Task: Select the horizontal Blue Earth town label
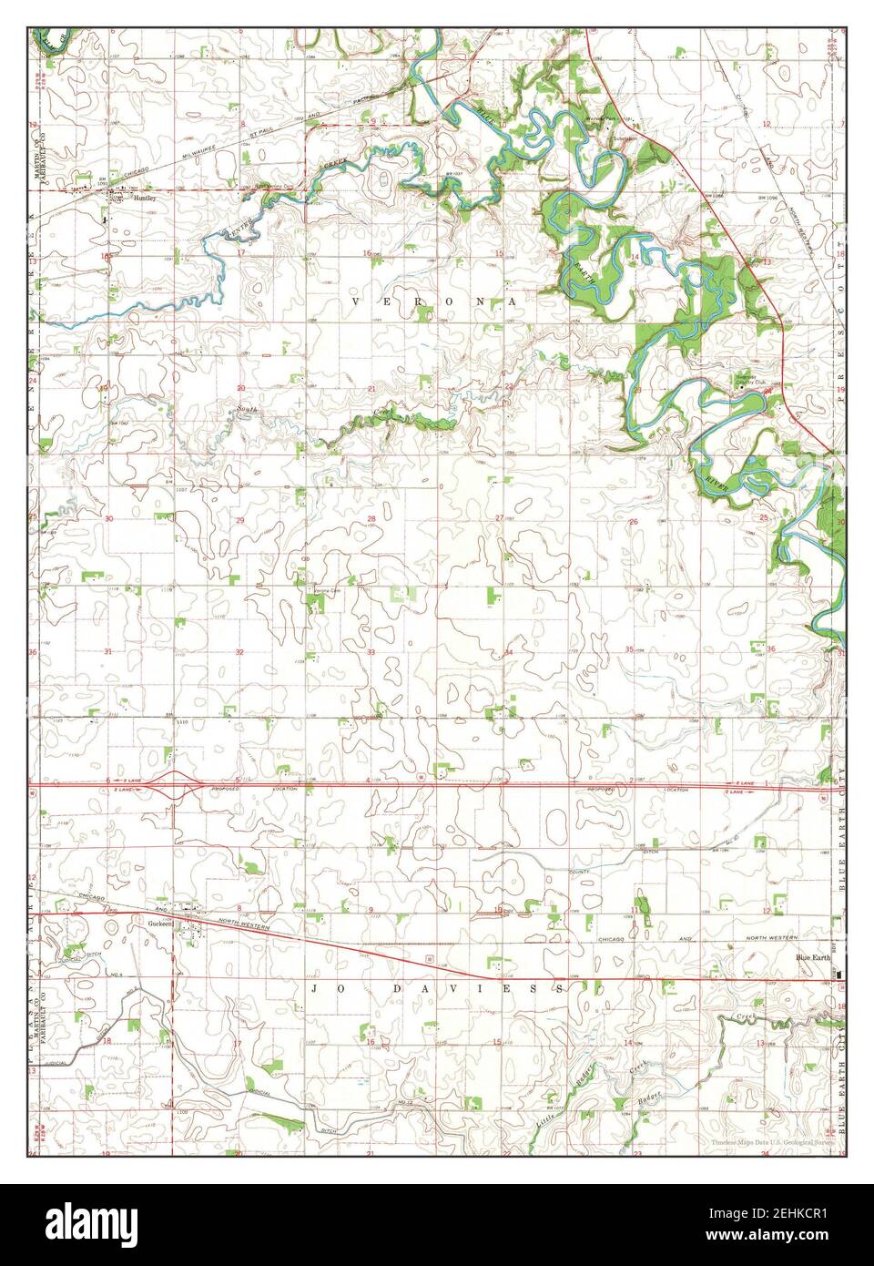pos(812,958)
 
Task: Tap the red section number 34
pos(508,652)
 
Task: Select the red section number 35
pos(630,648)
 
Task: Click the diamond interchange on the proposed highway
pos(173,784)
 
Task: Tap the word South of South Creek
pos(243,411)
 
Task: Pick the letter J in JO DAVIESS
pos(313,988)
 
